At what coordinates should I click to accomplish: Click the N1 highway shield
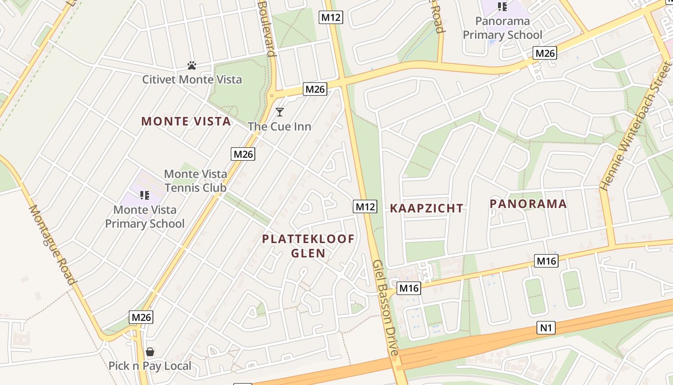coord(546,328)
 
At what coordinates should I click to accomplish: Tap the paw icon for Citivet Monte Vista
coord(192,65)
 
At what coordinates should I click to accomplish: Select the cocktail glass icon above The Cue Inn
coord(279,112)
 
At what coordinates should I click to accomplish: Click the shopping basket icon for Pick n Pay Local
coord(150,352)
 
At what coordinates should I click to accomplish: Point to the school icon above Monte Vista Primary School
coord(145,195)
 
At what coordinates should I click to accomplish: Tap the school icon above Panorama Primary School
coord(502,6)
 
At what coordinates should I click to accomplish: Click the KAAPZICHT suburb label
coord(426,208)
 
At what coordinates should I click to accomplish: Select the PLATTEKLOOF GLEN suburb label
coord(308,246)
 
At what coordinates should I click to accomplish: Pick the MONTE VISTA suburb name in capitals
coord(186,121)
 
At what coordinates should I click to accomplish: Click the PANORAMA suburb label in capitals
coord(528,204)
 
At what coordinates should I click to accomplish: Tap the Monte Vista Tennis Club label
coord(195,180)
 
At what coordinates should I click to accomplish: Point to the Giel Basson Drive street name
coord(386,308)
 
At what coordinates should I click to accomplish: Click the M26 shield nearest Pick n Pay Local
coord(141,317)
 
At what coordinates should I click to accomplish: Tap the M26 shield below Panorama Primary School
coord(545,53)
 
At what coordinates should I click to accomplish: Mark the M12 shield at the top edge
coord(331,18)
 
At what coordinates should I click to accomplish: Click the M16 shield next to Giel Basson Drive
coord(409,288)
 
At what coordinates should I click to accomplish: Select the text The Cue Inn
coord(279,127)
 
